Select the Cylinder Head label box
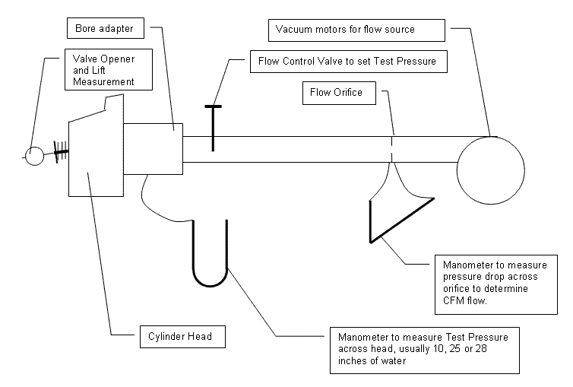pos(182,335)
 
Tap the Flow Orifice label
pos(337,93)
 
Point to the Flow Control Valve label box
pos(347,62)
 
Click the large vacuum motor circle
pos(491,170)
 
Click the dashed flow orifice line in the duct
pos(392,149)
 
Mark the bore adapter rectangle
pos(153,148)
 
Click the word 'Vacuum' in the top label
pos(292,30)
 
